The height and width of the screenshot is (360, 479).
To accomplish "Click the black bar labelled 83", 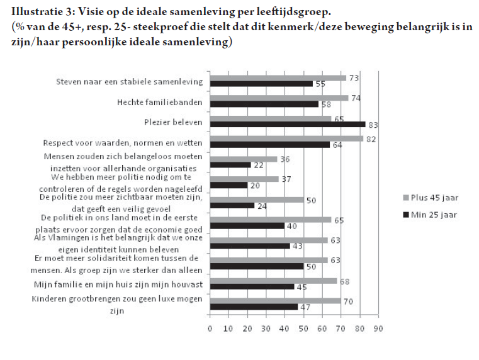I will point(288,124).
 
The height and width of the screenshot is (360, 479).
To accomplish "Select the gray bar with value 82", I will point(286,138).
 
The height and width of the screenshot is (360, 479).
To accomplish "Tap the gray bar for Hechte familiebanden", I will point(279,98).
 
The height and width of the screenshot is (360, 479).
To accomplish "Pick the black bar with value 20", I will point(228,185).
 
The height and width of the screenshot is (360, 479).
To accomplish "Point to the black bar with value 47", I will point(254,307).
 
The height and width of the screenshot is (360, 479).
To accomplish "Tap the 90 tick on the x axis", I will point(378,329).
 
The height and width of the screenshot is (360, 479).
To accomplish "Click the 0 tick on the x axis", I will point(210,329).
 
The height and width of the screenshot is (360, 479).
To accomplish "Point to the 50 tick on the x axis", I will point(303,329).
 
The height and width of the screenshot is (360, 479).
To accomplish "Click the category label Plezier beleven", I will point(173,122).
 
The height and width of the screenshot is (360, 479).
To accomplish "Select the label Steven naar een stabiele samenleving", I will point(129,81).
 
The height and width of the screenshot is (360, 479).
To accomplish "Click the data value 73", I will point(353,77).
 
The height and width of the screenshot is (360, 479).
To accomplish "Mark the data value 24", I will point(261,205).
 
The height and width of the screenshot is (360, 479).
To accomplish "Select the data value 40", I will point(291,225).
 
